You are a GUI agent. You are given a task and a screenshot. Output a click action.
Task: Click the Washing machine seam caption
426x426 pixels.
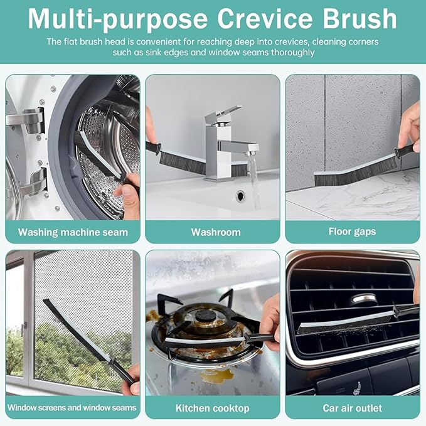[x=73, y=232]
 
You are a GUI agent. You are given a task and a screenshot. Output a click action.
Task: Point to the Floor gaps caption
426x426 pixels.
[x=352, y=232]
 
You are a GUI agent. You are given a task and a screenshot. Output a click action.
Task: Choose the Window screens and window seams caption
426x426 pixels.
[x=72, y=408]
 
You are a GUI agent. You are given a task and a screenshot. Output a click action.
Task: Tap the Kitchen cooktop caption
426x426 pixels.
[x=213, y=408]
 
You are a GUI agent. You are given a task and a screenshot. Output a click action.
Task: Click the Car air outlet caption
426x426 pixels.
[x=352, y=408]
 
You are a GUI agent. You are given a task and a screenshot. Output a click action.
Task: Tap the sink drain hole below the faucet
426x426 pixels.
[x=241, y=196]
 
